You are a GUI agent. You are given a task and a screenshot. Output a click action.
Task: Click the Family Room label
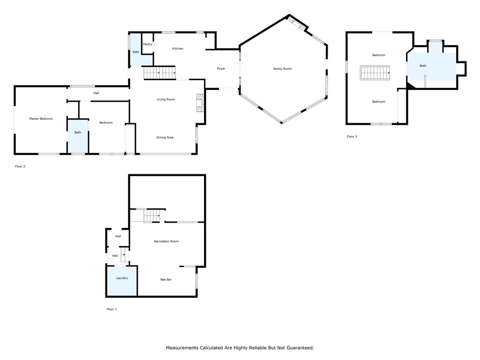(x=282, y=69)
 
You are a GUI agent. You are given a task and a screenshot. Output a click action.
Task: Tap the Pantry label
(x=147, y=45)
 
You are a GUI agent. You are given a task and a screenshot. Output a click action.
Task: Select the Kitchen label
(x=178, y=49)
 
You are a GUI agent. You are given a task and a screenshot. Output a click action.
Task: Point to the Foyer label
(x=221, y=68)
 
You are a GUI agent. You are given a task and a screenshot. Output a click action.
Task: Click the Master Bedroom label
(x=41, y=119)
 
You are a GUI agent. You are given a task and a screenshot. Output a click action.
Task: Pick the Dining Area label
(x=165, y=137)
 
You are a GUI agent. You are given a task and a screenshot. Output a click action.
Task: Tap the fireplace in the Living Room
(x=200, y=103)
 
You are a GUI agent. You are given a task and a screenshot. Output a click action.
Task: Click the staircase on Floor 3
(x=375, y=73)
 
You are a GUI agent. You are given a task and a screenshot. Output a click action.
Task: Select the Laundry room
(x=122, y=281)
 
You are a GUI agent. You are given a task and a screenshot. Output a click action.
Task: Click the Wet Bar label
(x=166, y=279)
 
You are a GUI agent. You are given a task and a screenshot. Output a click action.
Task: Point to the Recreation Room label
(x=166, y=241)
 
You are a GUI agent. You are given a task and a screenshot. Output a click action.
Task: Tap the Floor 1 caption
(x=112, y=309)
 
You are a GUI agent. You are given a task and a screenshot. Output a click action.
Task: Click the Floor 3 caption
(x=352, y=136)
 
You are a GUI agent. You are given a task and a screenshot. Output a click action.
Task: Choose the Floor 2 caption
(x=20, y=166)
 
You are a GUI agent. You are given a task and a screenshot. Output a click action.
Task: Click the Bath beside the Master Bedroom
(x=78, y=136)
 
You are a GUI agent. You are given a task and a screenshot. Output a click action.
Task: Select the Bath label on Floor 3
(x=423, y=66)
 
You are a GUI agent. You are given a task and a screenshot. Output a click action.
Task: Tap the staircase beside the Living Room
(x=159, y=73)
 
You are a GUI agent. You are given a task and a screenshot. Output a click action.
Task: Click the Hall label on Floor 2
(x=96, y=93)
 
